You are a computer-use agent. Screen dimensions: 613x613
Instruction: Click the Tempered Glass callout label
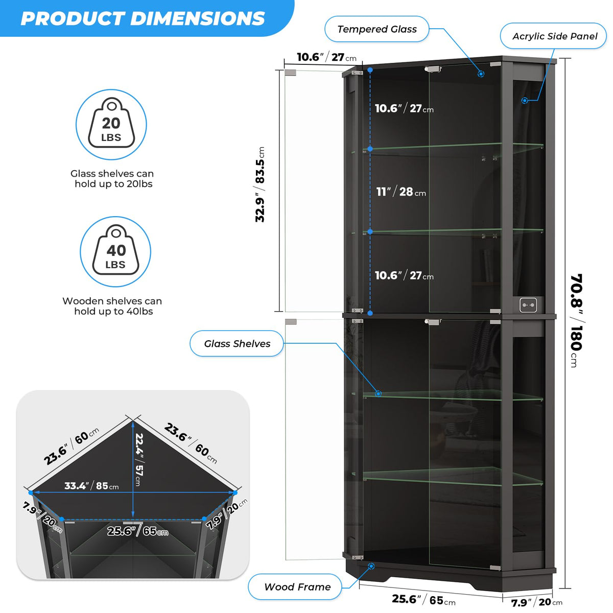click(x=376, y=29)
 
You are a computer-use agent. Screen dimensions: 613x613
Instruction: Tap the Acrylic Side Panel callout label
click(x=554, y=36)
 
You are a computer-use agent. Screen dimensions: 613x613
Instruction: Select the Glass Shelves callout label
click(x=237, y=344)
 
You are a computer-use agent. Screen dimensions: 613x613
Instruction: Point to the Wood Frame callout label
click(x=297, y=586)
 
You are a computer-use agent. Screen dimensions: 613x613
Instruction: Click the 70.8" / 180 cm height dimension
click(x=576, y=320)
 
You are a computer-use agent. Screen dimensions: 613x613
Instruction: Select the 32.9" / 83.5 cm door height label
click(x=260, y=184)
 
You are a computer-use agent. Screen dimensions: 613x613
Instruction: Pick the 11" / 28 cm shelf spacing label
click(x=401, y=192)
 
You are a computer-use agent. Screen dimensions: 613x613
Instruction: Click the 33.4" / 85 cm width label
click(x=91, y=486)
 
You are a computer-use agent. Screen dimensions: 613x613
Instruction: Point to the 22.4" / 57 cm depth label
click(x=139, y=460)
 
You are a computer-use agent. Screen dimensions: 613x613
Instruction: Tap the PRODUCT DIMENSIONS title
click(x=143, y=18)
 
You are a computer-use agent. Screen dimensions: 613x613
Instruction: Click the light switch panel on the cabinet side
click(x=528, y=305)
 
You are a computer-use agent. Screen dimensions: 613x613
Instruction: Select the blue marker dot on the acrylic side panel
click(x=525, y=101)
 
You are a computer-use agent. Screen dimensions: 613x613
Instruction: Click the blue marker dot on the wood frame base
click(x=371, y=566)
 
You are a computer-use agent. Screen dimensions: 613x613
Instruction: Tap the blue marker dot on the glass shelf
click(x=378, y=393)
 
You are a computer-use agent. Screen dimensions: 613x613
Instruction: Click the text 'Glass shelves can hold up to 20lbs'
click(x=112, y=179)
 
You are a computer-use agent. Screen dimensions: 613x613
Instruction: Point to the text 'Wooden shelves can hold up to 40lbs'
click(x=112, y=306)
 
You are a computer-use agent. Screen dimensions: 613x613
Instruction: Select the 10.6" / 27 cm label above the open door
click(x=327, y=57)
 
